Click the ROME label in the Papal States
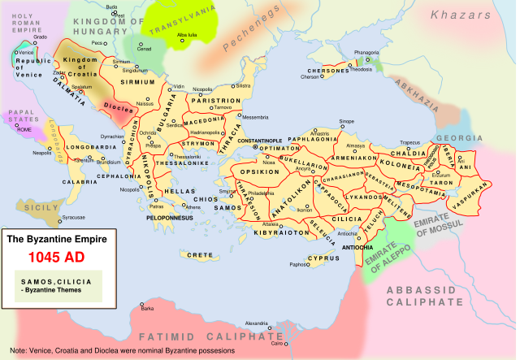tap(24, 130)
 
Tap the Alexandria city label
tap(258, 323)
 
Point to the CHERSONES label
tap(326, 71)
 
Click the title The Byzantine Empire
tap(59, 241)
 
